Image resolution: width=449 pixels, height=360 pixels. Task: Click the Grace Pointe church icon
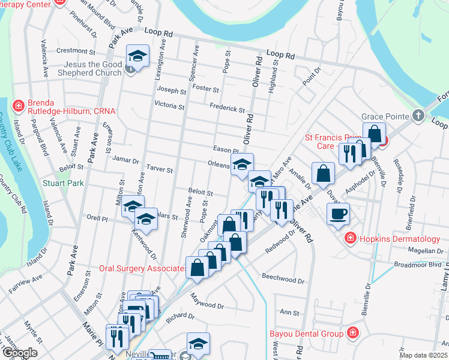(x=419, y=115)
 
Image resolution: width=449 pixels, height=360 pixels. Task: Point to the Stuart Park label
(x=62, y=183)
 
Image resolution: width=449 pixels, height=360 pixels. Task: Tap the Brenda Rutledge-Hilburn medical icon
(x=19, y=106)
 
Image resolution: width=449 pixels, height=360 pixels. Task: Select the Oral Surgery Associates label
(x=141, y=269)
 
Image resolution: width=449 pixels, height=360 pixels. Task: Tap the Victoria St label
(x=169, y=106)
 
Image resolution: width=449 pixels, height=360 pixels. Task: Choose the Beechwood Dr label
(x=283, y=279)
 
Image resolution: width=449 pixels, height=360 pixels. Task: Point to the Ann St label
(x=289, y=313)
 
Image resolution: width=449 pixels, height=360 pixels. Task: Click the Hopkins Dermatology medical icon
(x=351, y=239)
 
